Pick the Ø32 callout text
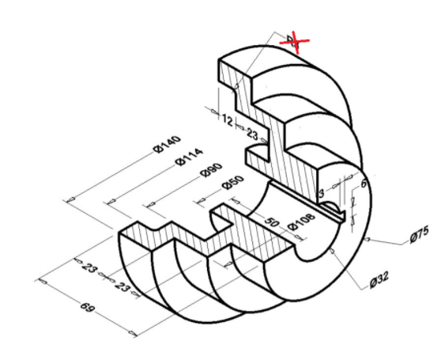click(380, 280)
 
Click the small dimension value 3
click(322, 192)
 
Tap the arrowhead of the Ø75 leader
click(369, 237)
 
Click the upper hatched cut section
click(273, 135)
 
